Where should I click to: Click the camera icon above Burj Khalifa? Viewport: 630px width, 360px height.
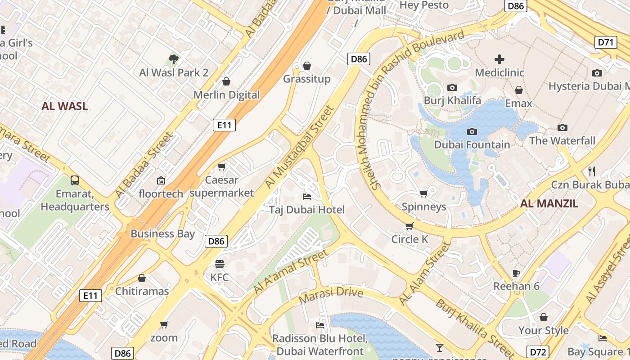452,87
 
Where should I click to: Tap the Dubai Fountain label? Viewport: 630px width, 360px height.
472,144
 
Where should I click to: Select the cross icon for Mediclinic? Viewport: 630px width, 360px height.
499,59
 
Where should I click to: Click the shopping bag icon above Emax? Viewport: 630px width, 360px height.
519,90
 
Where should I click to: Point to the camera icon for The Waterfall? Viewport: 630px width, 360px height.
562,128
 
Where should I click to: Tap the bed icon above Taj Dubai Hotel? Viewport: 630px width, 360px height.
307,197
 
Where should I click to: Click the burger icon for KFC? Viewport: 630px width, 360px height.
220,264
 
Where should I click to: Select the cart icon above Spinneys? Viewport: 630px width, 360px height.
423,194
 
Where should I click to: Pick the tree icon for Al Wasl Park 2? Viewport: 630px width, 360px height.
173,59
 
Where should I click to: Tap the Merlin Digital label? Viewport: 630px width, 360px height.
227,94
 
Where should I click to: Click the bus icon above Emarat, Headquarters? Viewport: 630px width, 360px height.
75,180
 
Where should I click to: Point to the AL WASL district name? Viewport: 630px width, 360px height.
65,106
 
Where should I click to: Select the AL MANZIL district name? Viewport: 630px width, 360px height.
549,203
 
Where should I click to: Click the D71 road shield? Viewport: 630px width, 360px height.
606,43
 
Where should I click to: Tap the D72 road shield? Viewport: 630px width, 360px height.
537,352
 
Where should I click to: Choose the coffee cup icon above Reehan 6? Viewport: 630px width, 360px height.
516,273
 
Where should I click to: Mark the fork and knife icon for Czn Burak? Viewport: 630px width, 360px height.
592,171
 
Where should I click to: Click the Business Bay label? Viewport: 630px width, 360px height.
163,234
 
